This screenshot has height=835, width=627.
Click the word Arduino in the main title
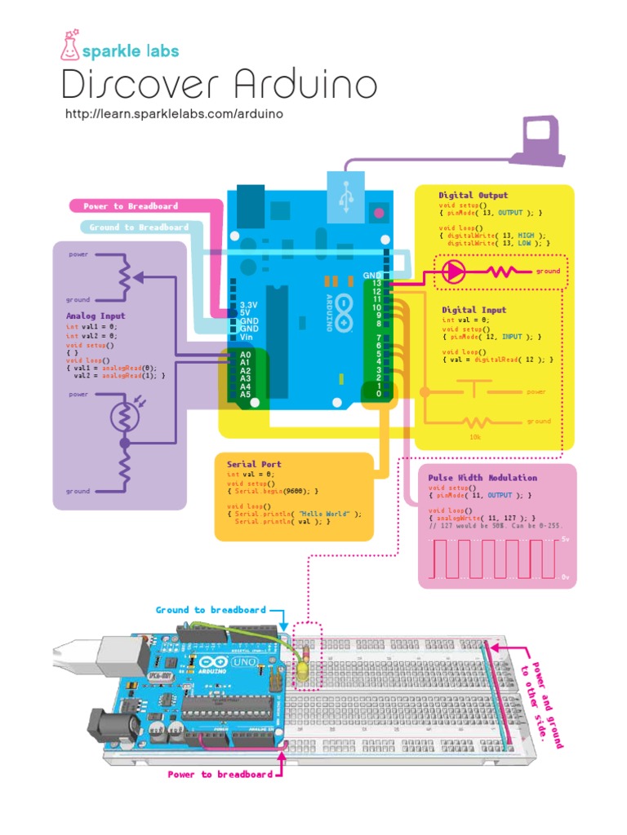click(x=305, y=85)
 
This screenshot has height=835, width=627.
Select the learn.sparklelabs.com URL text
click(x=174, y=113)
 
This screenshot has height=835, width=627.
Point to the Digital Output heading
click(x=473, y=195)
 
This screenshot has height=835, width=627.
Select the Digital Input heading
click(x=474, y=310)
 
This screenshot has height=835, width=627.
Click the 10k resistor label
click(x=474, y=437)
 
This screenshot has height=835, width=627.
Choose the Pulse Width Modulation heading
click(x=482, y=478)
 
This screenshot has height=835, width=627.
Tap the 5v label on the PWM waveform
click(x=565, y=540)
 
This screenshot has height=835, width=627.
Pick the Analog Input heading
click(x=96, y=316)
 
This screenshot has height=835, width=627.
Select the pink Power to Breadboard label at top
click(x=131, y=206)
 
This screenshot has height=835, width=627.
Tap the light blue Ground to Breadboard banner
click(x=139, y=228)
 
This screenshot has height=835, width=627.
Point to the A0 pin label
click(x=245, y=355)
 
